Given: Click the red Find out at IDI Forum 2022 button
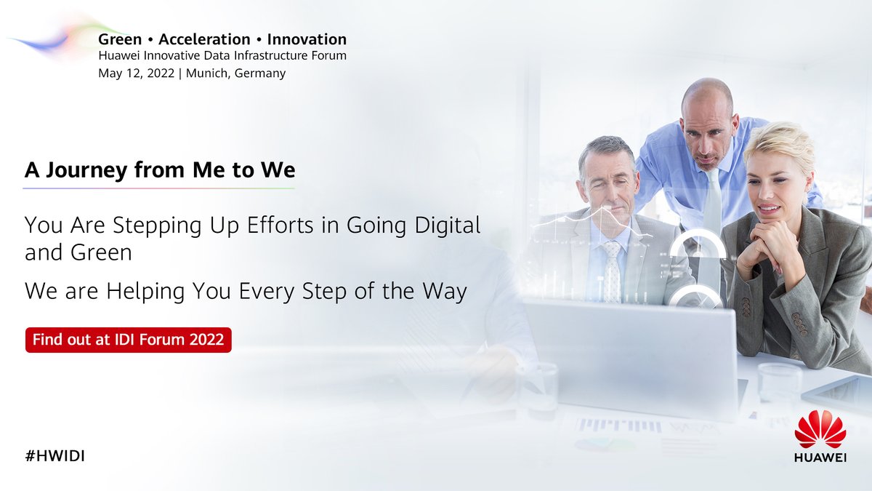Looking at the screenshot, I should tap(128, 340).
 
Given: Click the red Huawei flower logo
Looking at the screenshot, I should tap(820, 429).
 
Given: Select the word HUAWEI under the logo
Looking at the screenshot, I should tap(820, 458).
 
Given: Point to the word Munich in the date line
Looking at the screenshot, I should tap(207, 73).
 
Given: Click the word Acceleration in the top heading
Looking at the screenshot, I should tap(204, 39).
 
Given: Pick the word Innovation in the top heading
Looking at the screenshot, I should tap(307, 39).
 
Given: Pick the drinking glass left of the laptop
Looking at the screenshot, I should tap(537, 389).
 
